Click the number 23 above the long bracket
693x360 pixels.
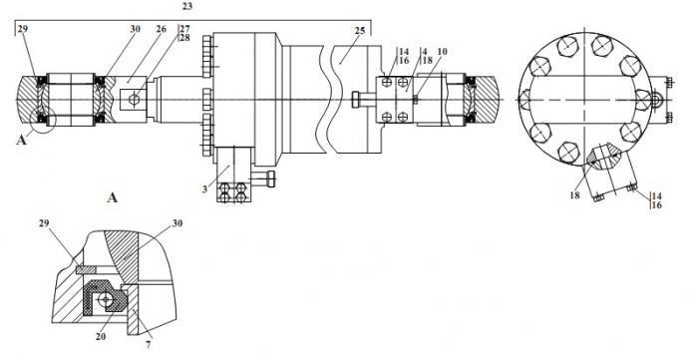coord(187,7)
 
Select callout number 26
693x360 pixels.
coord(161,29)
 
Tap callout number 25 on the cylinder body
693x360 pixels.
coord(360,31)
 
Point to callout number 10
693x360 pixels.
coord(442,51)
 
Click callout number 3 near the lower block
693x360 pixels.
coord(204,189)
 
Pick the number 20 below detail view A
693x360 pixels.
coord(101,336)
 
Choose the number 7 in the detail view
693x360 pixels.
coord(149,344)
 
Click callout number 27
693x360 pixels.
coord(184,29)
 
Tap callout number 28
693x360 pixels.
coord(184,38)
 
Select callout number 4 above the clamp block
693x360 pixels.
coord(424,51)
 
